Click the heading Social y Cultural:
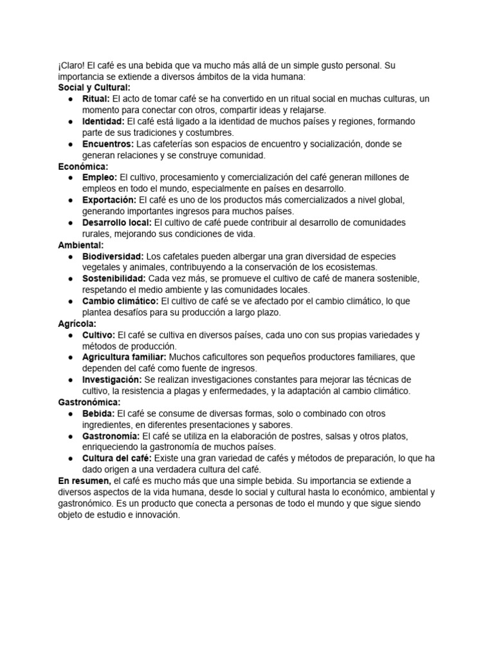tap(94, 88)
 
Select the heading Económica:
tap(83, 166)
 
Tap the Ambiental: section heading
tap(81, 245)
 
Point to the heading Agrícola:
tap(77, 324)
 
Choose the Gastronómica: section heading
tap(89, 402)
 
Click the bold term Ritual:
tap(96, 99)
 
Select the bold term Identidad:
tap(103, 122)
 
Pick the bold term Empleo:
tap(100, 178)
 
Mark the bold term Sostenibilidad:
tap(114, 279)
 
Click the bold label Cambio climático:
tap(120, 301)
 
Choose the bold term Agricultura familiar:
tap(124, 357)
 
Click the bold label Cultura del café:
tap(116, 458)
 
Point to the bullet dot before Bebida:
tap(69, 414)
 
